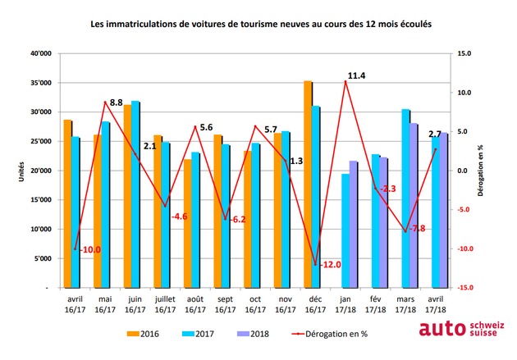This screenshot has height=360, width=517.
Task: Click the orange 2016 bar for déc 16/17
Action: (x=308, y=185)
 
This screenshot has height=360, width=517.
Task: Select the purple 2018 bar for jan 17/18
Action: (x=353, y=225)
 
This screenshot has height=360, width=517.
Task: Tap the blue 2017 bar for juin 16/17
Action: (x=135, y=194)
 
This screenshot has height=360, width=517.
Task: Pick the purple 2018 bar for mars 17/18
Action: (x=413, y=206)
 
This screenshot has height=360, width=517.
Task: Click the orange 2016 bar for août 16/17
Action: (x=188, y=223)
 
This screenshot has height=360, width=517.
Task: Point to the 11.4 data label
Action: (x=356, y=75)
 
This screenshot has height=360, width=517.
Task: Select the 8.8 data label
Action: (x=116, y=103)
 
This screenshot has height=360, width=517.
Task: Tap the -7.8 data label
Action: (x=417, y=229)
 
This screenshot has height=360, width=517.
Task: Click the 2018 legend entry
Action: (x=253, y=334)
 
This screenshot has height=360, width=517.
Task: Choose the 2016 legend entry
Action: (x=143, y=334)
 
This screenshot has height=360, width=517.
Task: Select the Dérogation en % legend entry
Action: (x=330, y=334)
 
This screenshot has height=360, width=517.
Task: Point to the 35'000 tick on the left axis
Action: (x=41, y=83)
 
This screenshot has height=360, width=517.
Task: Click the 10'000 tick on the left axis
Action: (x=41, y=230)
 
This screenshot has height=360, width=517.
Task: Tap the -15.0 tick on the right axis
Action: (x=465, y=288)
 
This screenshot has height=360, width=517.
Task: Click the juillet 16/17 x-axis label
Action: (x=165, y=304)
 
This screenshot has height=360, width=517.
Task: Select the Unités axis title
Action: (x=22, y=171)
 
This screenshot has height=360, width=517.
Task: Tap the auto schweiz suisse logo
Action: (x=461, y=328)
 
